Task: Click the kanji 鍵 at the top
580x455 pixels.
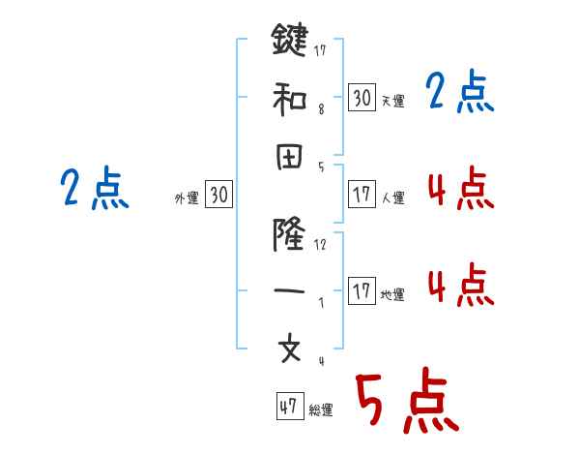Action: point(290,42)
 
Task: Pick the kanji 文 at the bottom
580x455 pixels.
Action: point(290,348)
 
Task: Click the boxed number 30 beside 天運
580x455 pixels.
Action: point(362,97)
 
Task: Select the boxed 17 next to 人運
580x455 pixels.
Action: point(362,195)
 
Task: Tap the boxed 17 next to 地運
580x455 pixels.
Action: point(362,291)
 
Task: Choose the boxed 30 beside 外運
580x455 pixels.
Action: point(219,196)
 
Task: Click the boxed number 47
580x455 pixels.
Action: point(288,408)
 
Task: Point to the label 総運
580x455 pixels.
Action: point(321,410)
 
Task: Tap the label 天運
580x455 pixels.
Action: point(392,101)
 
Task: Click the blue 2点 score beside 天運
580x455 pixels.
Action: point(459,93)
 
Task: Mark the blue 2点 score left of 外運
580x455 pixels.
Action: point(94,189)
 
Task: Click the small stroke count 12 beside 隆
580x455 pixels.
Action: point(320,245)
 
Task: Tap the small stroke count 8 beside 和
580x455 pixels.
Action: point(320,110)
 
